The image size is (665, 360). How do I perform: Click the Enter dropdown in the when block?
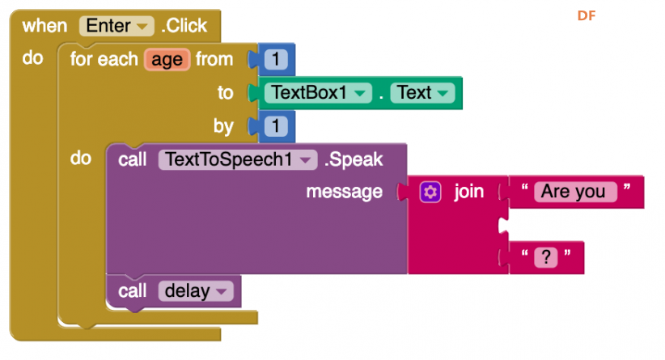coord(116,26)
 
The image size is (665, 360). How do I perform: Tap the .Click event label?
coord(184,26)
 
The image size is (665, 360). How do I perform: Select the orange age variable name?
coord(167,60)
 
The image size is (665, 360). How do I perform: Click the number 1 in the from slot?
coord(276,59)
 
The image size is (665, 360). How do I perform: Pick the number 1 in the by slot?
coord(276,126)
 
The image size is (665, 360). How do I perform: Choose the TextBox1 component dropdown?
coord(318,93)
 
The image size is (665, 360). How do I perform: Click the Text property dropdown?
coord(422,93)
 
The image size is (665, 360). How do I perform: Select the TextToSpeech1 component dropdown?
coord(238,160)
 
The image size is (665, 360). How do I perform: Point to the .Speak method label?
coord(354,160)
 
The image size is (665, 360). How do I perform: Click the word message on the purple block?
coord(344,192)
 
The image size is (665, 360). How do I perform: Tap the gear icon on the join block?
coord(430,192)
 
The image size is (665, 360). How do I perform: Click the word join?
coord(468,192)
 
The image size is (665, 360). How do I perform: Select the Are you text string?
coord(575,192)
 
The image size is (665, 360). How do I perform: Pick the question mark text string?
coord(546,257)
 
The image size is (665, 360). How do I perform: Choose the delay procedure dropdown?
coord(196,291)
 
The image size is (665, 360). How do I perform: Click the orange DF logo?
coord(587,15)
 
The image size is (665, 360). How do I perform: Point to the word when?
coord(44,26)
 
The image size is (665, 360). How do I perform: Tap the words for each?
coord(104,59)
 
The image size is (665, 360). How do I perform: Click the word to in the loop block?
coord(225,93)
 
